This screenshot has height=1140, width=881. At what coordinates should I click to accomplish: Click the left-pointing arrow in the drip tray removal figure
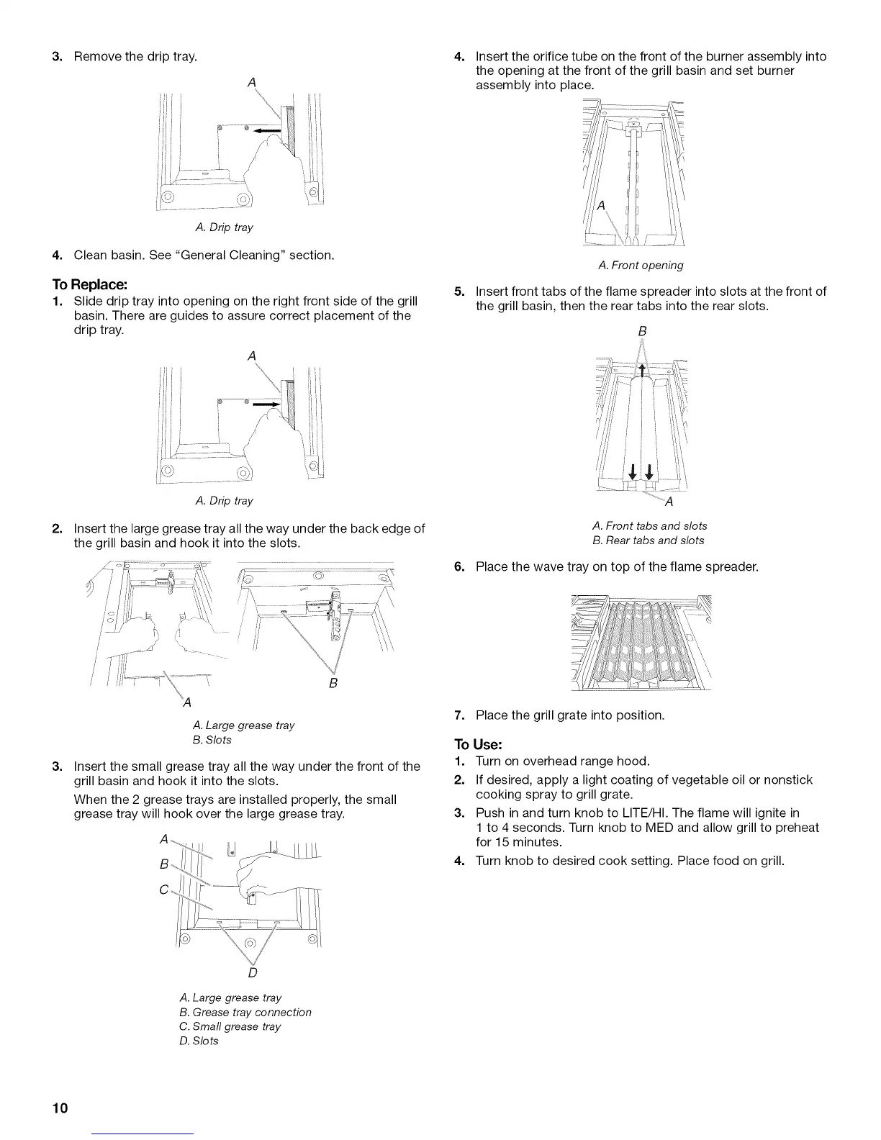coord(267,130)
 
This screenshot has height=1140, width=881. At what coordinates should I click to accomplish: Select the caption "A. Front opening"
coord(641,266)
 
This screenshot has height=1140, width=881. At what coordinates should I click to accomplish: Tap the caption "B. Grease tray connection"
coord(245,1012)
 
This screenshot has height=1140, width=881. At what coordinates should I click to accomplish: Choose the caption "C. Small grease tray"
coord(230,1026)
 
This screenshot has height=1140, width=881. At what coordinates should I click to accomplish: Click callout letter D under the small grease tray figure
coord(253,973)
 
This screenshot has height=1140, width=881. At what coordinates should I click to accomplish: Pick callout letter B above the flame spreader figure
coord(643,331)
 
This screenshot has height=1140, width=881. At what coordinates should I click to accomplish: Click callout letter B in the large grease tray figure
coord(333,682)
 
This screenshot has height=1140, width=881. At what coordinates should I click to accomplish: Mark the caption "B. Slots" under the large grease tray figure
coord(207,740)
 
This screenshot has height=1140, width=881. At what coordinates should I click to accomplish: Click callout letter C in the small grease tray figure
coord(164,890)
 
